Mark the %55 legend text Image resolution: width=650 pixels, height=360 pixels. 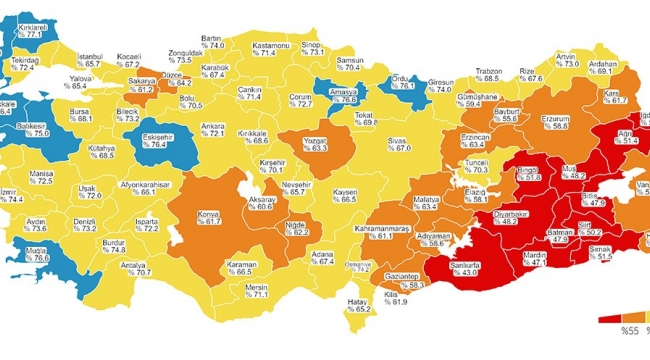point(630,329)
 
